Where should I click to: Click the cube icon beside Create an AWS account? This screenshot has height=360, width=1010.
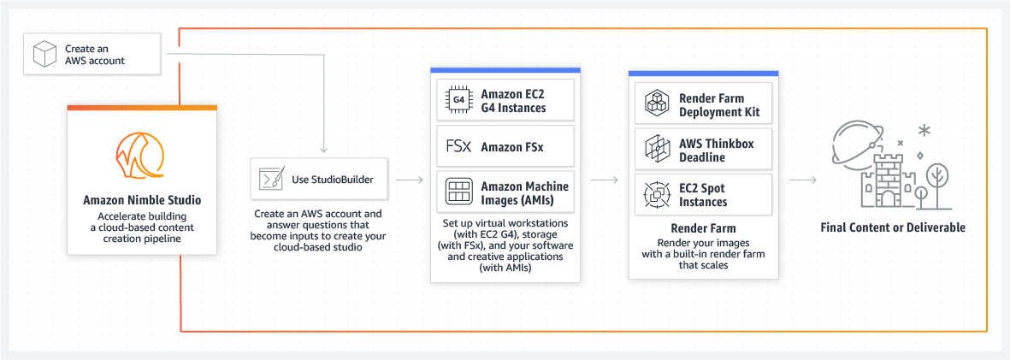[44, 55]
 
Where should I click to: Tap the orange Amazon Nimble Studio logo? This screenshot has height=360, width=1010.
[141, 157]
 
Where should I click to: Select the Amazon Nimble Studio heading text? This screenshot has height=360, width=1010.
[142, 200]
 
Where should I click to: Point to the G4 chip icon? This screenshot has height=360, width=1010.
[458, 100]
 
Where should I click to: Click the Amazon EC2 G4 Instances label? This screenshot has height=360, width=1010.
[513, 100]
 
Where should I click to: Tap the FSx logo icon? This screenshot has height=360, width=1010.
[458, 146]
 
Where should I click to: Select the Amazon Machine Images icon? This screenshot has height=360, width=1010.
[458, 192]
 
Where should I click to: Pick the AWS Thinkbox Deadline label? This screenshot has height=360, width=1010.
[716, 150]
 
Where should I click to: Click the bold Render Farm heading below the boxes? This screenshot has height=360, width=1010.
[703, 228]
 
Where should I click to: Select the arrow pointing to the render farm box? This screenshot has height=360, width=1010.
[605, 180]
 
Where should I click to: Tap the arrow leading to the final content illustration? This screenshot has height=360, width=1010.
[801, 180]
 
